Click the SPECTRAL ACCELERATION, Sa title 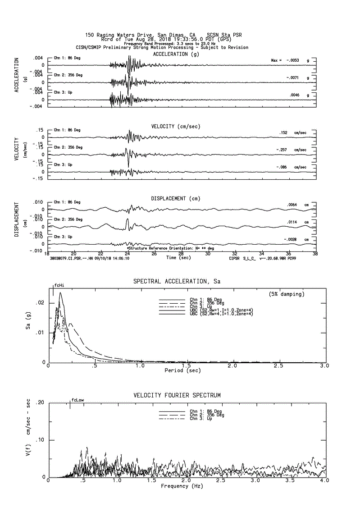[177, 281]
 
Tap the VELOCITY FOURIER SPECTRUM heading [177, 395]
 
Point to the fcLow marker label [77, 400]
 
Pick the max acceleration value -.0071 [293, 78]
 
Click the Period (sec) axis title [183, 370]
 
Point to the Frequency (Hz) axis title [182, 486]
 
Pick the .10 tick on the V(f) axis [40, 440]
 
